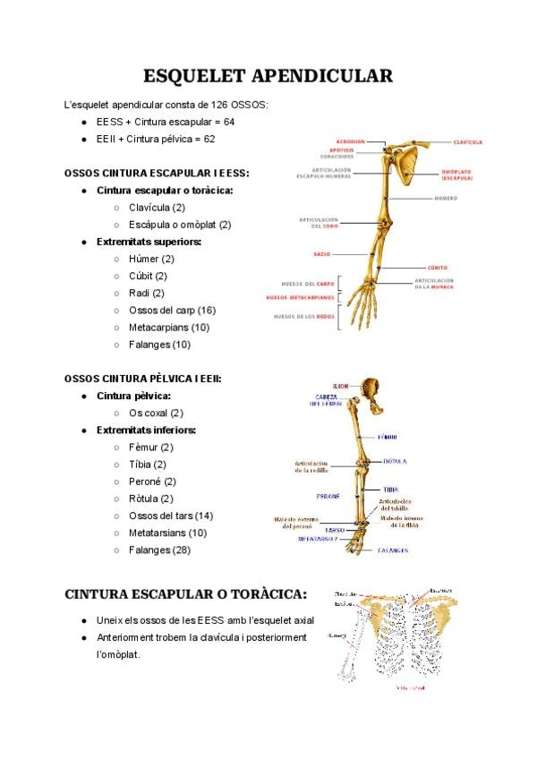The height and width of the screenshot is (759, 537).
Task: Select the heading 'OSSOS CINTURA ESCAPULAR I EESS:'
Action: click(x=158, y=173)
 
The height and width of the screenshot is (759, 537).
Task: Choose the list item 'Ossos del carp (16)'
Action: click(x=172, y=311)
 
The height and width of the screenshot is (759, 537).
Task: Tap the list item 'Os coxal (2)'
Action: click(x=156, y=413)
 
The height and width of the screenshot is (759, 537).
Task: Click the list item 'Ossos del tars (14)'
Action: click(x=171, y=516)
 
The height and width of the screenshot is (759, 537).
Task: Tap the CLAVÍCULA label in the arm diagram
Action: click(x=467, y=141)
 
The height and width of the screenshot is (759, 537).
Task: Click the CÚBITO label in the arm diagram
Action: click(x=437, y=267)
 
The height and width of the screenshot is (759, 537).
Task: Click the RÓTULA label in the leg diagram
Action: click(x=395, y=462)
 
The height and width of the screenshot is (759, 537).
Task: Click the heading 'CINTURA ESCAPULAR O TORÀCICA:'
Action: click(x=186, y=593)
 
